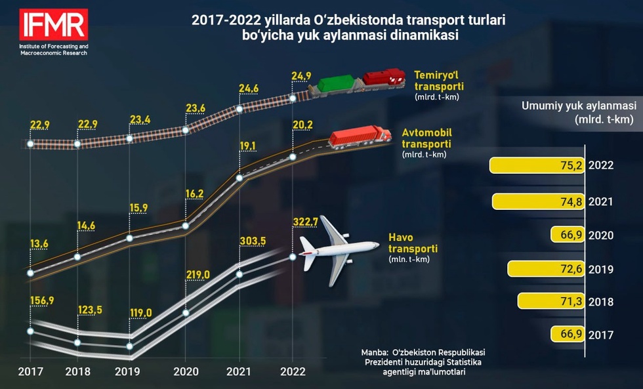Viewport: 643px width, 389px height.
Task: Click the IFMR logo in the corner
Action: pos(54,25)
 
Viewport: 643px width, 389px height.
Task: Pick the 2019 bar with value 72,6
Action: pos(546,269)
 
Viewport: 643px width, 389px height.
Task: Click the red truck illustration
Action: pos(354,136)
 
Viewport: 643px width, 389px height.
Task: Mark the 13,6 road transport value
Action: pos(39,244)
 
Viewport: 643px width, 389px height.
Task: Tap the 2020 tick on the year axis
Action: pos(186,371)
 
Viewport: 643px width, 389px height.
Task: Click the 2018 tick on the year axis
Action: pos(78,371)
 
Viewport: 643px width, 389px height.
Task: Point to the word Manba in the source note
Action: pos(376,352)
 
